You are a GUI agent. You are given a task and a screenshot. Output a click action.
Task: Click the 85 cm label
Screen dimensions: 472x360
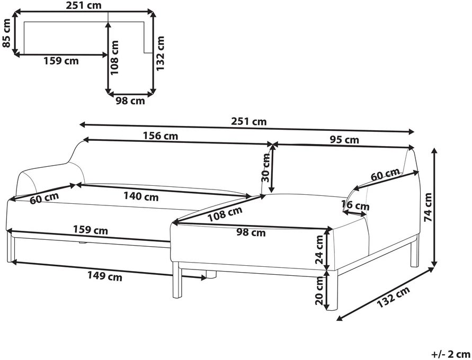pos(6,33)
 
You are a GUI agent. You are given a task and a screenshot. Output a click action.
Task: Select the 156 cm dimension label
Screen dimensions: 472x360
pos(161,136)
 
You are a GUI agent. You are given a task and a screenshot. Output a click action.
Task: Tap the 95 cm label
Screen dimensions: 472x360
pos(344,140)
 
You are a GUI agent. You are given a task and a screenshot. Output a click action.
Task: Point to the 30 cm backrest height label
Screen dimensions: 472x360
pos(266,167)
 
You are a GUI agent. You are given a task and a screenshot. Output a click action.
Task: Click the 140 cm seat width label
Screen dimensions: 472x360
pos(141,196)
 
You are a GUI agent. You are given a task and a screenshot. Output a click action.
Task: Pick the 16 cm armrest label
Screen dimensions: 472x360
pos(355,205)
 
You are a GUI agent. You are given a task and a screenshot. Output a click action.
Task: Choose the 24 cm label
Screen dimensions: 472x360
pos(319,249)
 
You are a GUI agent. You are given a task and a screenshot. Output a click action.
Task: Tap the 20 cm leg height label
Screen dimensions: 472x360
pos(319,291)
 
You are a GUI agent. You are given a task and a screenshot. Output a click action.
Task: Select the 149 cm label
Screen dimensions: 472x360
pos(105,276)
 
